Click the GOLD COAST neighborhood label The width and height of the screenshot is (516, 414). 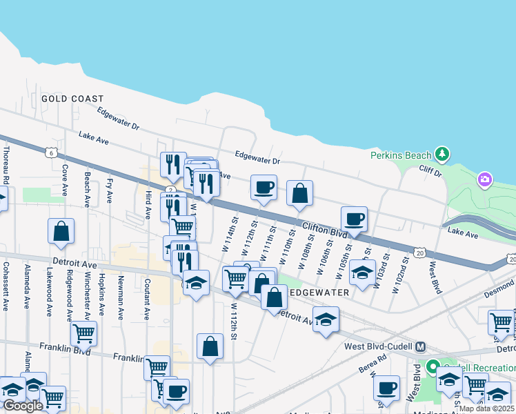click(72, 99)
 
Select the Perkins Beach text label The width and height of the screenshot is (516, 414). click(400, 155)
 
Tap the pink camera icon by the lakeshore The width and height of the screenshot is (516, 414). click(485, 180)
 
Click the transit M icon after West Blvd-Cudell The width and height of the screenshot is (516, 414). click(420, 346)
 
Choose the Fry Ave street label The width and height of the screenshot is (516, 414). click(110, 190)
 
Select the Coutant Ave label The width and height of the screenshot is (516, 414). click(147, 299)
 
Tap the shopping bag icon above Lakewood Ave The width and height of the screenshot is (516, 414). click(61, 231)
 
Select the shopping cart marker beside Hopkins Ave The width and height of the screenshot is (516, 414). click(83, 334)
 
